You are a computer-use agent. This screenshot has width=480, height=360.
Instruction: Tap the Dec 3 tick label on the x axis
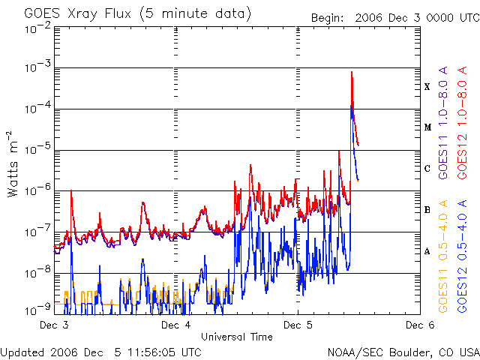click(54, 325)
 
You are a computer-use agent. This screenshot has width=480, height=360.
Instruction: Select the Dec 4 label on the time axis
click(175, 325)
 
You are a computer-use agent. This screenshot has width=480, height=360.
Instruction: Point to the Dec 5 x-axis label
click(298, 325)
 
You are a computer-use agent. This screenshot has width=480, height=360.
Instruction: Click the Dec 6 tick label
click(418, 325)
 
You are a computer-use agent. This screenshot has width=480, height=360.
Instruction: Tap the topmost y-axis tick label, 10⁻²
click(37, 27)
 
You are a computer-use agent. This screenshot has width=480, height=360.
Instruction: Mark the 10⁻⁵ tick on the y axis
click(37, 149)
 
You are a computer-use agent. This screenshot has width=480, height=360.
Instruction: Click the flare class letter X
click(427, 87)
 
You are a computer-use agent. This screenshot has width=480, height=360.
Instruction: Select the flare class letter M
click(427, 127)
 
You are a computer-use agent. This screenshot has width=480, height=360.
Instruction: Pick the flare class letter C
click(427, 169)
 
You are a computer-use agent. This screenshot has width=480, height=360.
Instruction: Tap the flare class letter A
click(427, 251)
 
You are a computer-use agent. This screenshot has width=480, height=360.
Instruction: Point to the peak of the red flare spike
click(351, 72)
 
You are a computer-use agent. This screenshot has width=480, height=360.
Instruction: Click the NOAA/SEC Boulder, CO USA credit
click(403, 351)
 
